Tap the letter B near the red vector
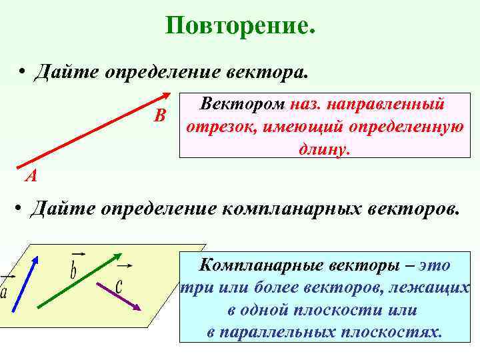coord(159,116)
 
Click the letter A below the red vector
coord(31,177)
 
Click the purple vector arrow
coord(118,294)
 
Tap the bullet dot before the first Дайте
coord(22,71)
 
